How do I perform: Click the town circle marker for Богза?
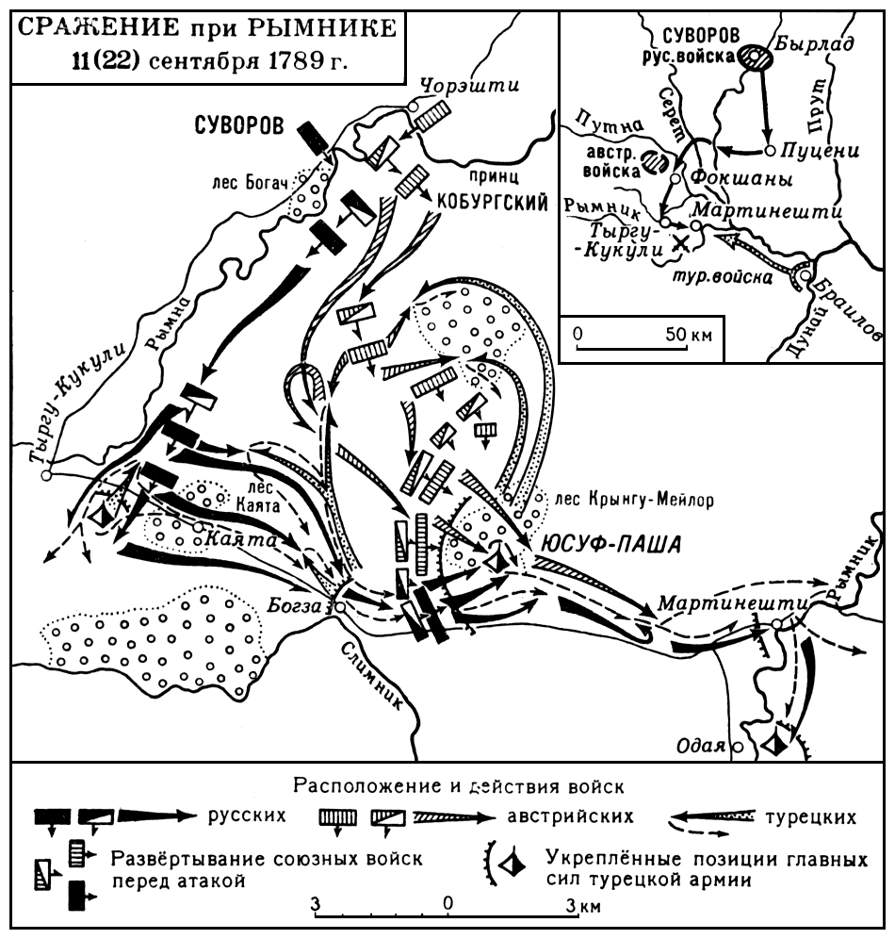click(338, 609)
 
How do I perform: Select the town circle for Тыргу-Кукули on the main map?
click(45, 474)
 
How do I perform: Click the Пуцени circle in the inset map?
click(770, 151)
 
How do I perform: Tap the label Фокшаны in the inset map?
click(736, 178)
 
